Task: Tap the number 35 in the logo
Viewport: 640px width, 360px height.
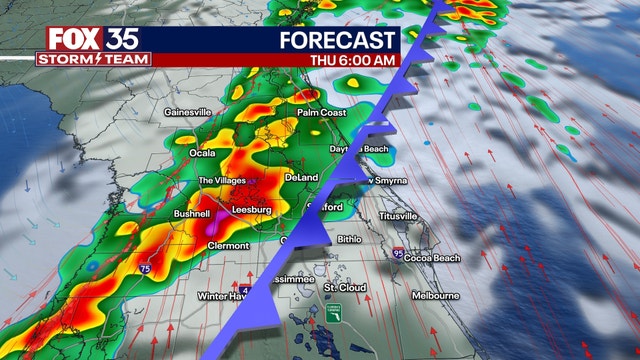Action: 127,39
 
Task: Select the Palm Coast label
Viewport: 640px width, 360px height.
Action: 320,113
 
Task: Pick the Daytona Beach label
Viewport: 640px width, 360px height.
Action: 360,149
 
